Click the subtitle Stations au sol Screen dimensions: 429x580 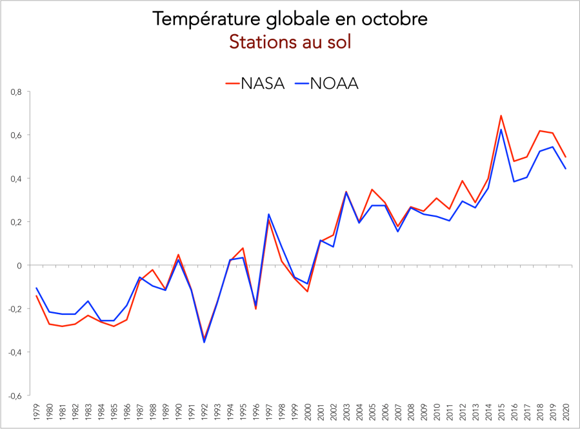[290, 43]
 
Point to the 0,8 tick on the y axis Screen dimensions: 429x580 [17, 92]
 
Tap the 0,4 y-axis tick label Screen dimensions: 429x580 [17, 179]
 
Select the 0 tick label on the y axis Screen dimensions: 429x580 [19, 265]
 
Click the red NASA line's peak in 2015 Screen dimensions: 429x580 [501, 116]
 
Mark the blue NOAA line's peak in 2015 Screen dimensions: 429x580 [501, 130]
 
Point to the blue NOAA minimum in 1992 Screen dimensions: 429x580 [205, 342]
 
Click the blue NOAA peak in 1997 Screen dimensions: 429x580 [269, 214]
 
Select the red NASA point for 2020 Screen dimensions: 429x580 [566, 157]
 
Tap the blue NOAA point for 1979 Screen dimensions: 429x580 [37, 288]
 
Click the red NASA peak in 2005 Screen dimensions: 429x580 [372, 190]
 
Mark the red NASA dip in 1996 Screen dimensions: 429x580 [256, 309]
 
